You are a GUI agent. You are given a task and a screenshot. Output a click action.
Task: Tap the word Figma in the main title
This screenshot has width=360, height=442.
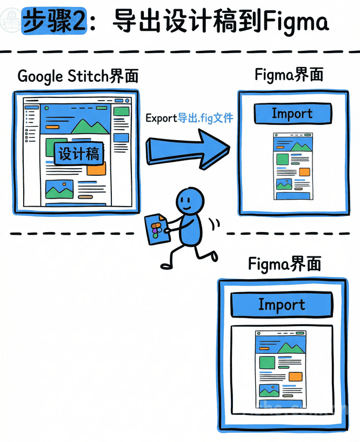pyautogui.click(x=295, y=23)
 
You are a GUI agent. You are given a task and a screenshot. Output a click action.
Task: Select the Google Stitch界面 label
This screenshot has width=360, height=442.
pyautogui.click(x=78, y=76)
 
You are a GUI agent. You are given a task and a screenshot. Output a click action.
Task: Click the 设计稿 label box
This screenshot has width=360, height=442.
pyautogui.click(x=79, y=153)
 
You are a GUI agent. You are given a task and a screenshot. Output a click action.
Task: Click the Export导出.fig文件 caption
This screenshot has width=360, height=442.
pyautogui.click(x=189, y=117)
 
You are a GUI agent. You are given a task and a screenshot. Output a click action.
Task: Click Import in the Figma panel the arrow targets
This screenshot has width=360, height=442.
pyautogui.click(x=292, y=114)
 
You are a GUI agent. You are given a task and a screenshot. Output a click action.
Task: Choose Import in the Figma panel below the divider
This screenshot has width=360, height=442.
pyautogui.click(x=281, y=304)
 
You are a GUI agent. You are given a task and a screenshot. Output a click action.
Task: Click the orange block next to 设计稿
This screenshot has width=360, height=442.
pyautogui.click(x=96, y=168)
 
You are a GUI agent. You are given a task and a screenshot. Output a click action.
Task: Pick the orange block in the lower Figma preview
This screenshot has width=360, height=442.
pyautogui.click(x=295, y=377)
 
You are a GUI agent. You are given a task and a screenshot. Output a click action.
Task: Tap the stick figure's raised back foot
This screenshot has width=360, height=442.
pyautogui.click(x=213, y=254)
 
